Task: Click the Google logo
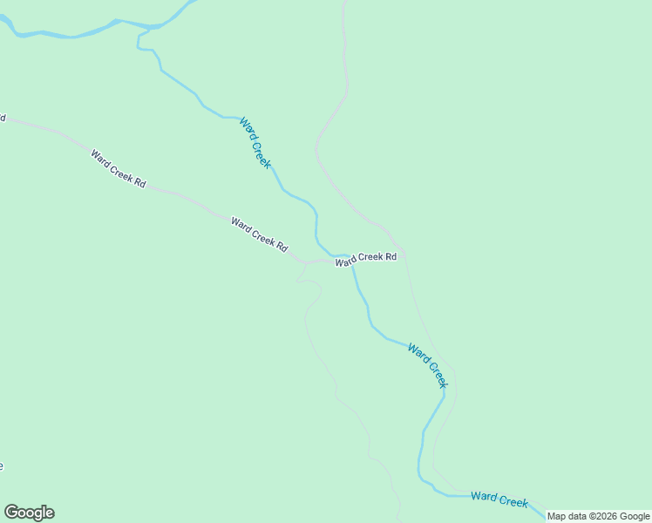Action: [29, 513]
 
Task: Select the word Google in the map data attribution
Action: [635, 516]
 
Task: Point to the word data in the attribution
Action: [580, 516]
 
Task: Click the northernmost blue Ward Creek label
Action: [255, 143]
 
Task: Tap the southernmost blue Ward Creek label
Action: [499, 499]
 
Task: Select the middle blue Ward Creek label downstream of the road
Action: [428, 365]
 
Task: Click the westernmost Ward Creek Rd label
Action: [118, 167]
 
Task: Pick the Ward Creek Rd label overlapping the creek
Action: [366, 258]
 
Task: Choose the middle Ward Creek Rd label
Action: [259, 234]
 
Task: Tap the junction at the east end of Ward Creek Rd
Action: [404, 255]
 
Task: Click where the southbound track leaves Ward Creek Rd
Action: [304, 262]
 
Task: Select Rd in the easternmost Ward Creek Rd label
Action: [391, 256]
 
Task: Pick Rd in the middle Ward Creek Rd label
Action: [282, 247]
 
